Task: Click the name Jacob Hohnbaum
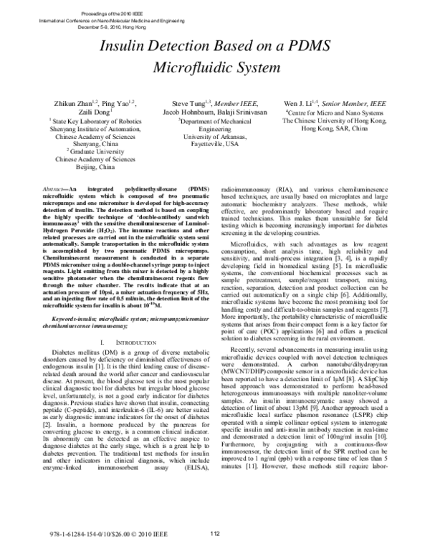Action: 187,113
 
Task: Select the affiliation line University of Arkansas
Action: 215,135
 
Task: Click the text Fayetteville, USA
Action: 215,143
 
